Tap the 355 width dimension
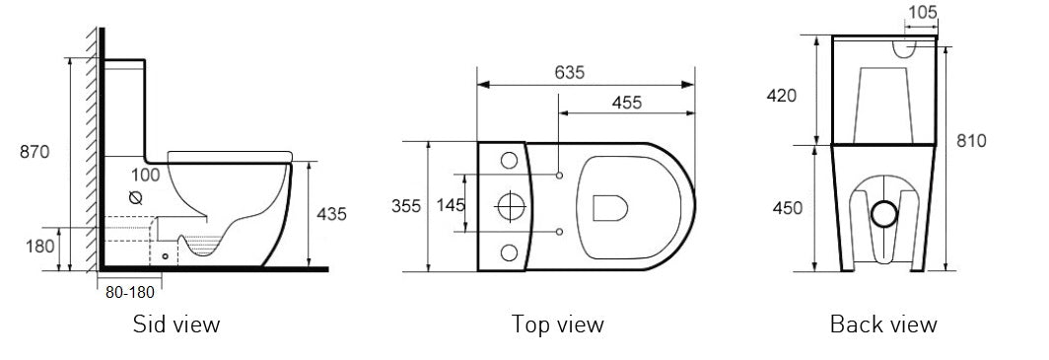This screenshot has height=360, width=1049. pyautogui.click(x=405, y=206)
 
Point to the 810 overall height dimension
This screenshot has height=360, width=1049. pyautogui.click(x=971, y=141)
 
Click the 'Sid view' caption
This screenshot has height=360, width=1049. pyautogui.click(x=176, y=324)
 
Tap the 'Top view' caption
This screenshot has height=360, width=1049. pyautogui.click(x=557, y=324)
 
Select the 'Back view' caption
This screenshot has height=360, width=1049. pyautogui.click(x=883, y=324)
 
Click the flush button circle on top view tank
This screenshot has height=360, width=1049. pyautogui.click(x=510, y=205)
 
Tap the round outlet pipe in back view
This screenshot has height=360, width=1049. pyautogui.click(x=885, y=212)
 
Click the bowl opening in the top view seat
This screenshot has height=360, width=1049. pyautogui.click(x=611, y=206)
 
